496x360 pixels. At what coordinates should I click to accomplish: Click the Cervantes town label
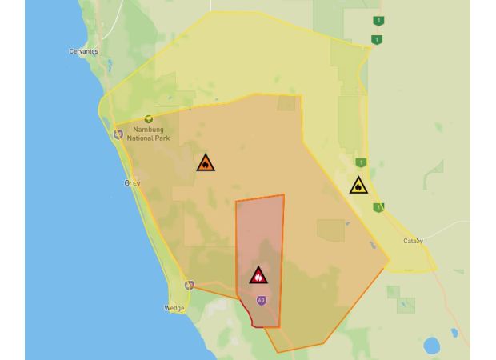click(84, 51)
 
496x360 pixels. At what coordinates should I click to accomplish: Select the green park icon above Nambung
click(148, 119)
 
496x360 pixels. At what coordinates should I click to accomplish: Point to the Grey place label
click(132, 183)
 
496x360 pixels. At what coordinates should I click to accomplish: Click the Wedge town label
click(174, 308)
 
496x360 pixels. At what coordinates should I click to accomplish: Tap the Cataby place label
click(413, 241)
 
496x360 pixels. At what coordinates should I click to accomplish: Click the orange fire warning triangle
click(206, 163)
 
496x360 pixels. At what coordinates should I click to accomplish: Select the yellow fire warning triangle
click(358, 186)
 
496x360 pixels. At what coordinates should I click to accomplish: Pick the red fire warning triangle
click(258, 275)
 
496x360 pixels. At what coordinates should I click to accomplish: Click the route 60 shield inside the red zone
click(261, 300)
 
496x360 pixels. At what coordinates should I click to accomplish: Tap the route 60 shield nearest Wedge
click(190, 285)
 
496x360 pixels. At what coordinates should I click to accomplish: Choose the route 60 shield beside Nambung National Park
click(118, 134)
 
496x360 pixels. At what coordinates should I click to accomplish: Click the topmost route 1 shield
click(378, 21)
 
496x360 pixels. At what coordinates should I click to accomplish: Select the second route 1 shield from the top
click(375, 39)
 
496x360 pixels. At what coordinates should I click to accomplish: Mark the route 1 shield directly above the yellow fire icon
click(362, 162)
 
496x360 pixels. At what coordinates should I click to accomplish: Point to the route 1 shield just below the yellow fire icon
click(378, 207)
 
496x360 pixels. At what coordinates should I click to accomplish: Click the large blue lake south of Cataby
click(432, 346)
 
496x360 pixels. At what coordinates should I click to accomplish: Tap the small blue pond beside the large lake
click(454, 331)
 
